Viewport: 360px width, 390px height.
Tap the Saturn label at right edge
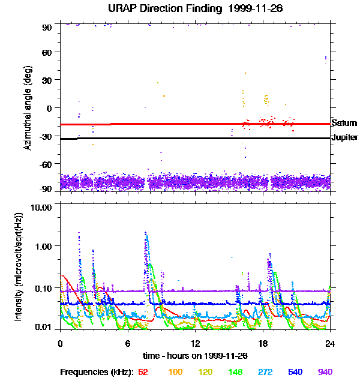pyautogui.click(x=344, y=123)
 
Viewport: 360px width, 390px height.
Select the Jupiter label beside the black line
pyautogui.click(x=344, y=137)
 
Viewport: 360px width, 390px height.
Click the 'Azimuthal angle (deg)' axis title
pyautogui.click(x=27, y=109)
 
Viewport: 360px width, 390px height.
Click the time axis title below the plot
pyautogui.click(x=195, y=356)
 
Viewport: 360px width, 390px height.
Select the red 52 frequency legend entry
pyautogui.click(x=143, y=373)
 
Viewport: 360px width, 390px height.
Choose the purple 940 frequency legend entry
pyautogui.click(x=325, y=373)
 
